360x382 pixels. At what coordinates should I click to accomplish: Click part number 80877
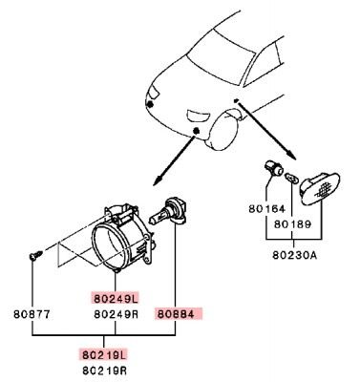pyautogui.click(x=33, y=312)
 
